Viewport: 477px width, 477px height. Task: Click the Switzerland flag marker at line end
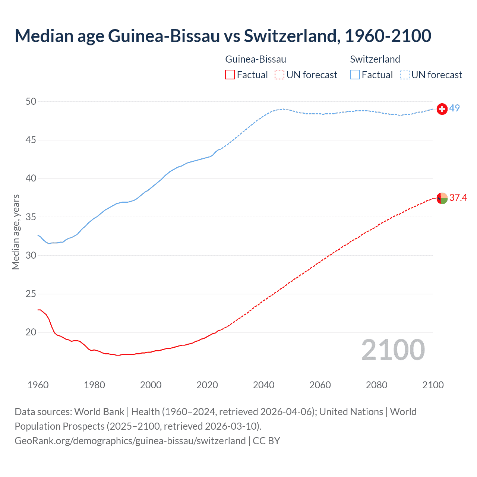tap(442, 109)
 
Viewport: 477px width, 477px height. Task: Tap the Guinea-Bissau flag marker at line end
tap(442, 198)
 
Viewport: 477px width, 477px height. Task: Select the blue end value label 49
tap(454, 108)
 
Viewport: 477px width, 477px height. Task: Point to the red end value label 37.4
tap(458, 198)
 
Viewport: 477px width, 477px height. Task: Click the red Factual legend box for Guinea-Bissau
tap(230, 75)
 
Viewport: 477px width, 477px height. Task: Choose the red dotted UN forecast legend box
tap(279, 75)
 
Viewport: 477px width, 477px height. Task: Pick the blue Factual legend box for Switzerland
tap(355, 75)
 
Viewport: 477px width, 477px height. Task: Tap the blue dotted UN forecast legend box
tap(404, 75)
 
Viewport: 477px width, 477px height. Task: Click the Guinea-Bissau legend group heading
tap(256, 59)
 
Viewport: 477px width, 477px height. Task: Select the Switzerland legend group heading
tap(375, 59)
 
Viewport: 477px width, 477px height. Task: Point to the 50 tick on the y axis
tap(31, 102)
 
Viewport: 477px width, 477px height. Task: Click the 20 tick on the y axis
tap(31, 332)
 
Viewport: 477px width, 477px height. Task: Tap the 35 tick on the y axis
tap(31, 217)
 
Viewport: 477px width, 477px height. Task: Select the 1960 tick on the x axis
tap(38, 385)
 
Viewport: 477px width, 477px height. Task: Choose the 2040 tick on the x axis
tap(263, 385)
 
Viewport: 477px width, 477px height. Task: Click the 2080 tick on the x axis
tap(376, 385)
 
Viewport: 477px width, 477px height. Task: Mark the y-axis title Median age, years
tap(16, 232)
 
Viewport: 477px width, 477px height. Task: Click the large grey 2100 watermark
tap(393, 350)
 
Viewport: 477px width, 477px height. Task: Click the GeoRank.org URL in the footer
tap(130, 441)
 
